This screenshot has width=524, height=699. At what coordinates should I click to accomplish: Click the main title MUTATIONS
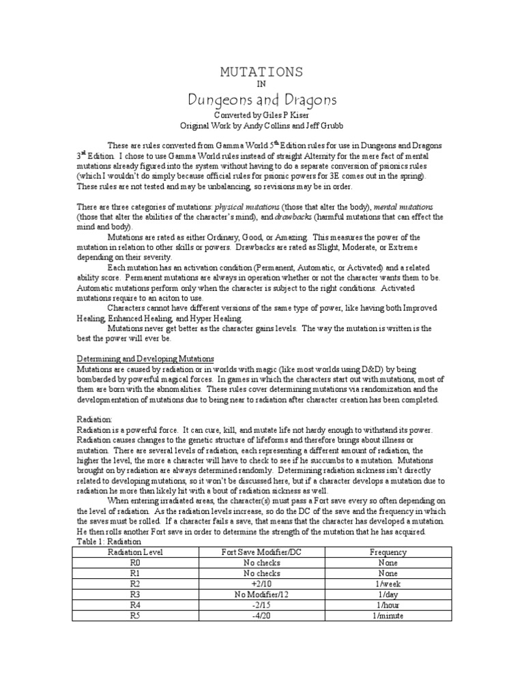coord(261,72)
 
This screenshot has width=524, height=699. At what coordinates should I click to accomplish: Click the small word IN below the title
coord(261,85)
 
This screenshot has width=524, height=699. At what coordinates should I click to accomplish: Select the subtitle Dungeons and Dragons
coord(262,100)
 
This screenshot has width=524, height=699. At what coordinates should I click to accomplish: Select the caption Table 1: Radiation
coord(109,540)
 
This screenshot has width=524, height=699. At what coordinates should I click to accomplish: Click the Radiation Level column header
coord(134,552)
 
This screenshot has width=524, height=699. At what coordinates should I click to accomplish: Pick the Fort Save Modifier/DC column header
coord(262,552)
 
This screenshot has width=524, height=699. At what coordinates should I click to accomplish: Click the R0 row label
coord(134,563)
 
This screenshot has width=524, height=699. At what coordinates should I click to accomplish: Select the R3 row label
coord(134,595)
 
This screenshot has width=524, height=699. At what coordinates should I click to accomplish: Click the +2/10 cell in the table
coord(262,584)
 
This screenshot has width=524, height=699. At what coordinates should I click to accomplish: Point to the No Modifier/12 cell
coord(262,595)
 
